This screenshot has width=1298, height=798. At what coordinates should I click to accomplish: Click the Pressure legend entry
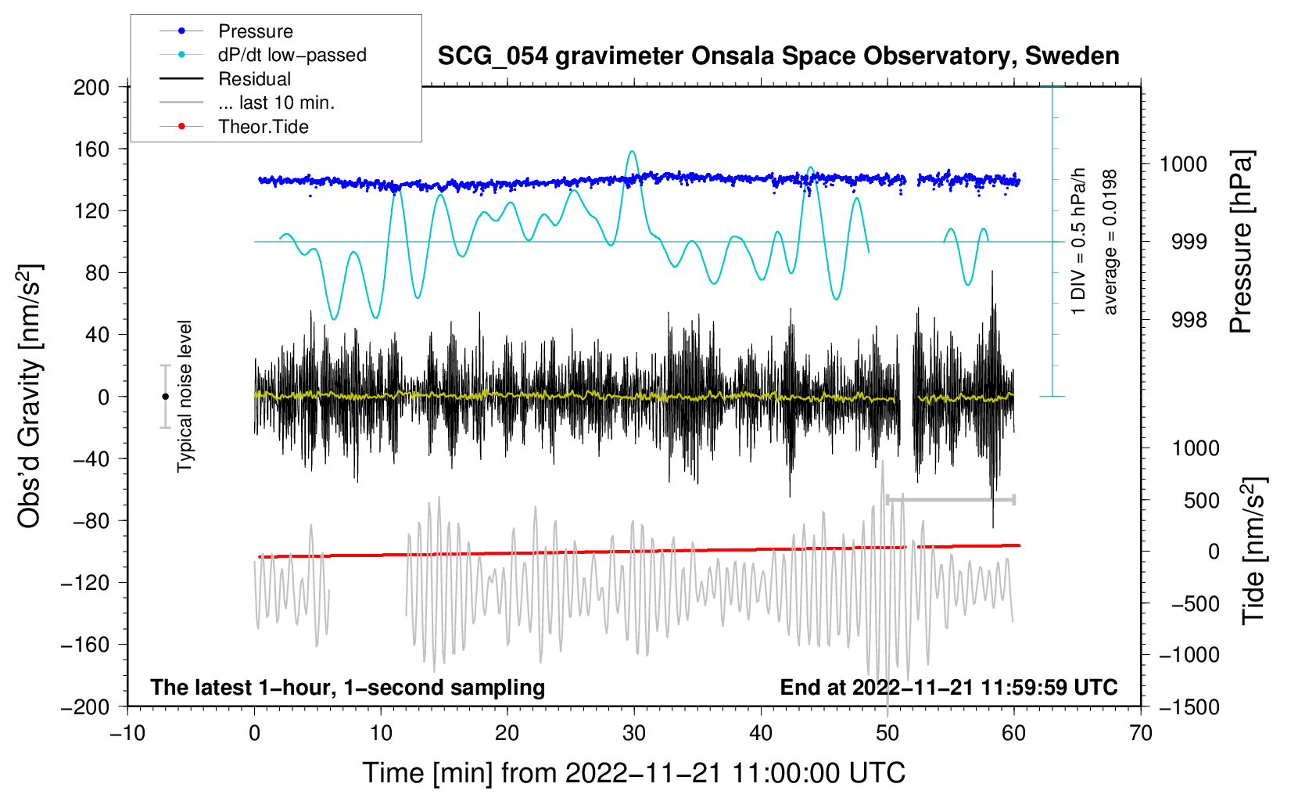[x=255, y=31]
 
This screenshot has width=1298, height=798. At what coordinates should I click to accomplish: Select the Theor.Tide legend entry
[x=263, y=127]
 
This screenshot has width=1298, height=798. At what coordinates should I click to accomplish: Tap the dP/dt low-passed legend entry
[x=292, y=55]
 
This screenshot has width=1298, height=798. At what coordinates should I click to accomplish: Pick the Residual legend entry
[x=254, y=79]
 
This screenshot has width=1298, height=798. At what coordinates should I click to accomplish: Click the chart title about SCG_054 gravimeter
[x=778, y=56]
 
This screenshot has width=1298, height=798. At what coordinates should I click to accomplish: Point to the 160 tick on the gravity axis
[x=91, y=149]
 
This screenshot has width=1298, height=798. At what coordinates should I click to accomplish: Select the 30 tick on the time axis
[x=634, y=733]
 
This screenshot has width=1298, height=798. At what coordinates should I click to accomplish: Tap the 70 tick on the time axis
[x=1141, y=733]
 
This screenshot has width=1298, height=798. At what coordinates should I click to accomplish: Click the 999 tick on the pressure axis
[x=1189, y=242]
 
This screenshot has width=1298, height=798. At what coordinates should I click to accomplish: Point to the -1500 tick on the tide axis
[x=1189, y=706]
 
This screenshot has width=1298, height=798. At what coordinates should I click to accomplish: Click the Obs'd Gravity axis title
[x=29, y=397]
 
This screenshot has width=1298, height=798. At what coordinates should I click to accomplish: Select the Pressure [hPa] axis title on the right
[x=1241, y=242]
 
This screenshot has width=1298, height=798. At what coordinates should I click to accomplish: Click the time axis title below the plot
[x=633, y=773]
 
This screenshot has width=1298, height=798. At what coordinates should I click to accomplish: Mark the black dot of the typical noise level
[x=165, y=397]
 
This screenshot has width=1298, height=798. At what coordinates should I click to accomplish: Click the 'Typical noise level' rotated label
[x=185, y=397]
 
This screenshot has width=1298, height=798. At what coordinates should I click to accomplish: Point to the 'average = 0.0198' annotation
[x=1110, y=242]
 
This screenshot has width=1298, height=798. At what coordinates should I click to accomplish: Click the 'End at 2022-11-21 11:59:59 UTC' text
[x=948, y=688]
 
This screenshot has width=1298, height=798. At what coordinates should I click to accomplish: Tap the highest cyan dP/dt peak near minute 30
[x=632, y=152]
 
